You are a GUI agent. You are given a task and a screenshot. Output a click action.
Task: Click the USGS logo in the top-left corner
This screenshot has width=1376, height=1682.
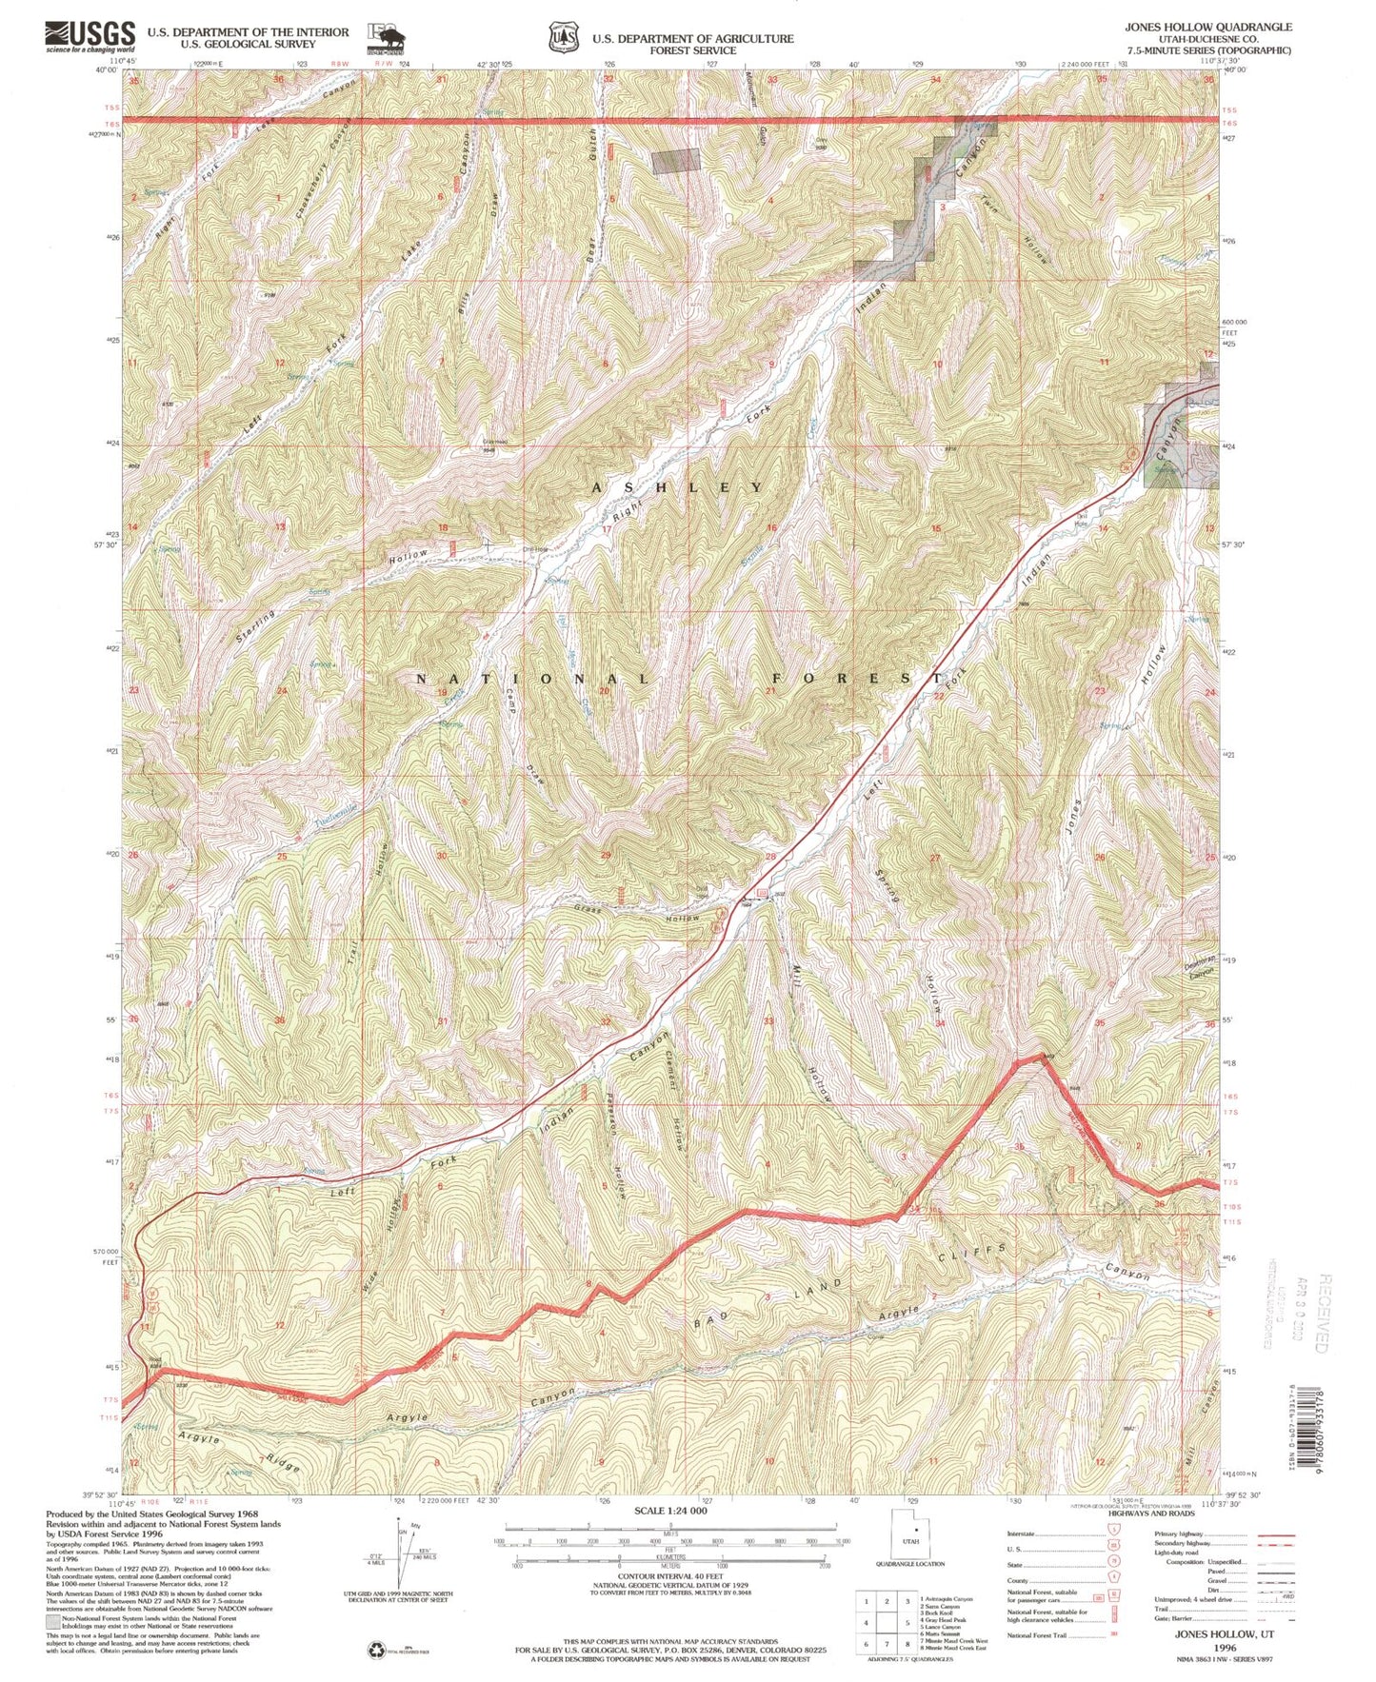90,37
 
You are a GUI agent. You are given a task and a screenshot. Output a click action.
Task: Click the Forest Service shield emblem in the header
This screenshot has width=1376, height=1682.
563,38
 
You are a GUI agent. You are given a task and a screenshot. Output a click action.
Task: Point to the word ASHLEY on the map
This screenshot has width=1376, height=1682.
678,487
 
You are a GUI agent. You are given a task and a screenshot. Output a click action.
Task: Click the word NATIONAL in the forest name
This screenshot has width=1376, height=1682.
534,679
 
